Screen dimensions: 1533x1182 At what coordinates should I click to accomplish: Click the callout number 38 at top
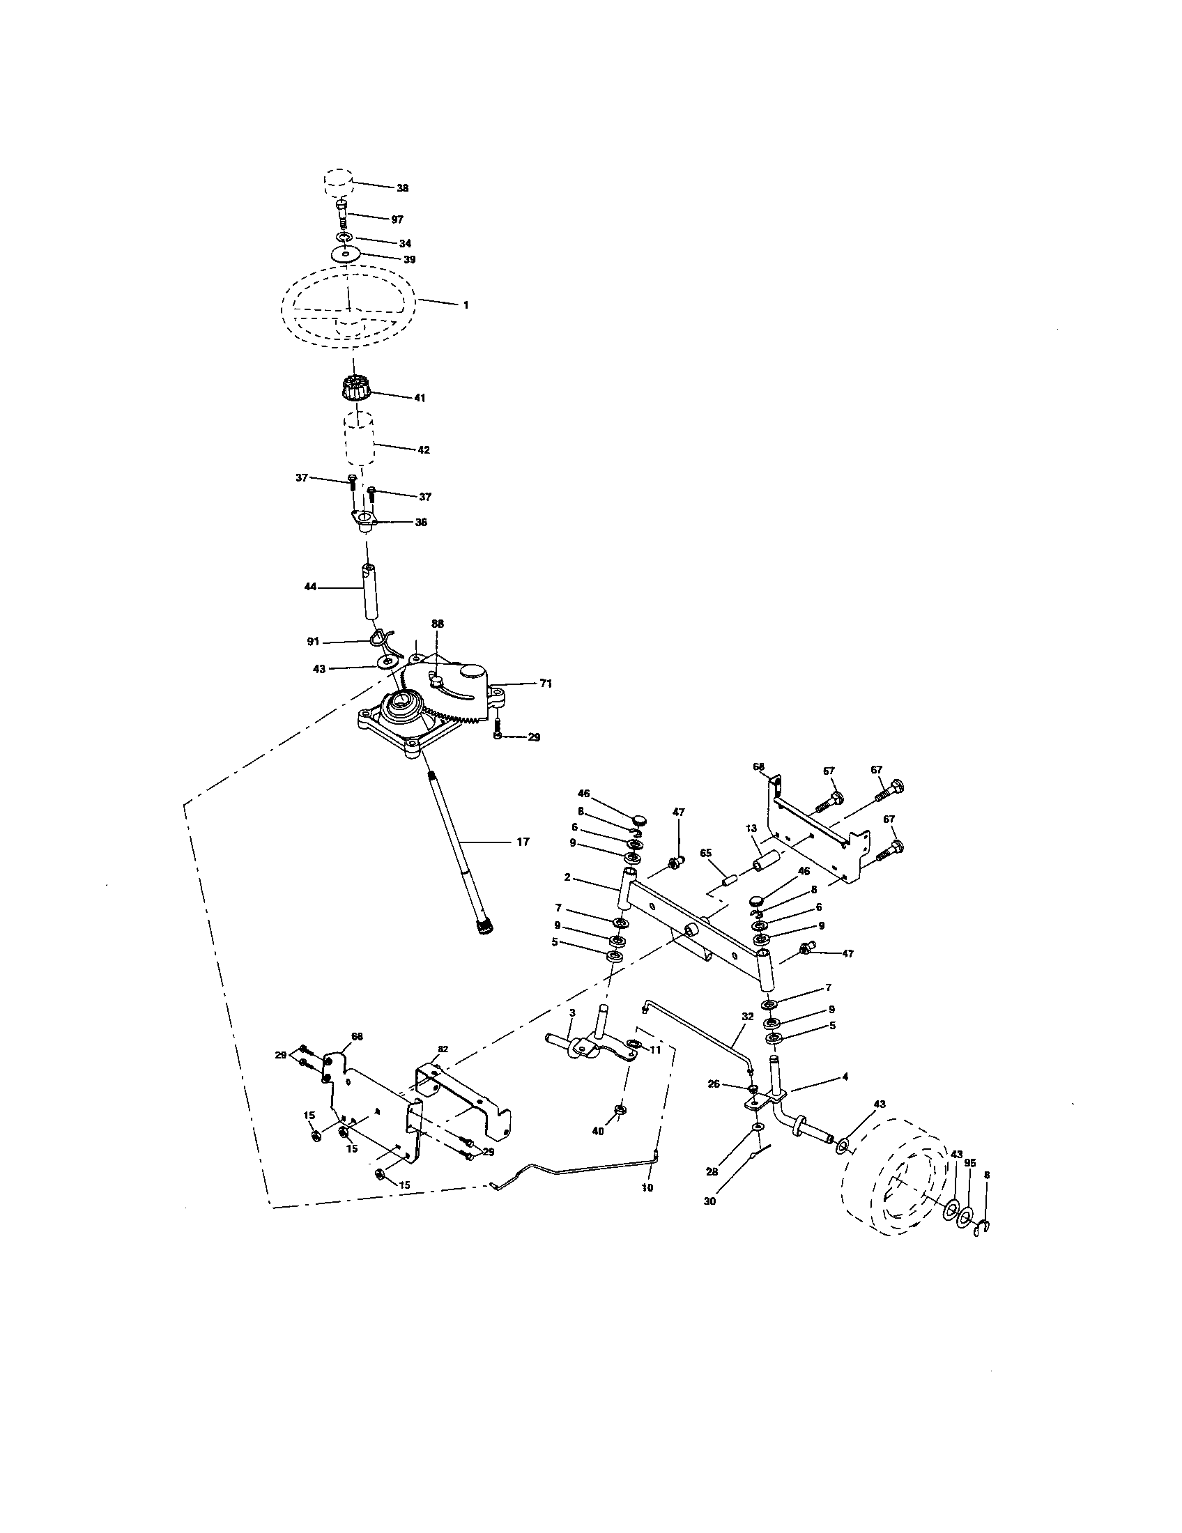pos(402,188)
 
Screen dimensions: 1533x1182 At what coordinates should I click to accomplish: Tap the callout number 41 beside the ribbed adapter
pos(420,398)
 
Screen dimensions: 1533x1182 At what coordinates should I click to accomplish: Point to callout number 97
pos(397,219)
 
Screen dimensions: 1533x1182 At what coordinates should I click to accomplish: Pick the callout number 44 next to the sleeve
pos(310,586)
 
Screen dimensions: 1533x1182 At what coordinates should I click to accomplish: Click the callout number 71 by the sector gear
pos(546,684)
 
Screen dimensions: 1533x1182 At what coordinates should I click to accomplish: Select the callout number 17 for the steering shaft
pos(522,842)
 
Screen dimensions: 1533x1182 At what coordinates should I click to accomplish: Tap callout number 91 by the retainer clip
pos(313,642)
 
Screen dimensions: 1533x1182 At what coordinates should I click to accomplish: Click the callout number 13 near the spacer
pos(751,829)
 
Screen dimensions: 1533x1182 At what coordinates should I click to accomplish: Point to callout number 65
pos(706,852)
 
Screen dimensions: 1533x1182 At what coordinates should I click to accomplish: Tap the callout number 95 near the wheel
pos(970,1163)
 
